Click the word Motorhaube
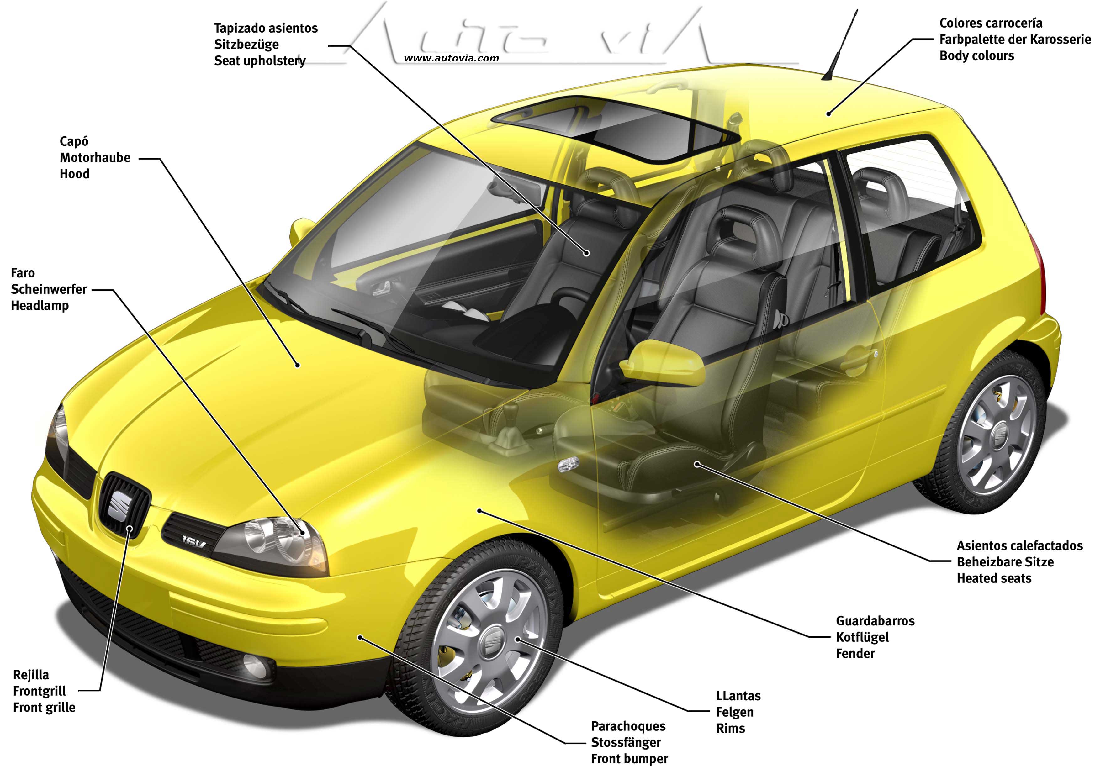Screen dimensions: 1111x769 pos(95,158)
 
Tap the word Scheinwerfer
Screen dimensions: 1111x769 pos(49,289)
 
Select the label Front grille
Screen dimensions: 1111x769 pos(44,707)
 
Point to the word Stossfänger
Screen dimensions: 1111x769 pos(626,742)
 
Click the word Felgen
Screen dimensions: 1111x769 pos(735,712)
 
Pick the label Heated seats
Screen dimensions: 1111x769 pos(994,578)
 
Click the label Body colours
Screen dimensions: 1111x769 pos(976,56)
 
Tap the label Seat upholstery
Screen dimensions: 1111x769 pos(260,61)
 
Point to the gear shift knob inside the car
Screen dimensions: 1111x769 pos(510,413)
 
